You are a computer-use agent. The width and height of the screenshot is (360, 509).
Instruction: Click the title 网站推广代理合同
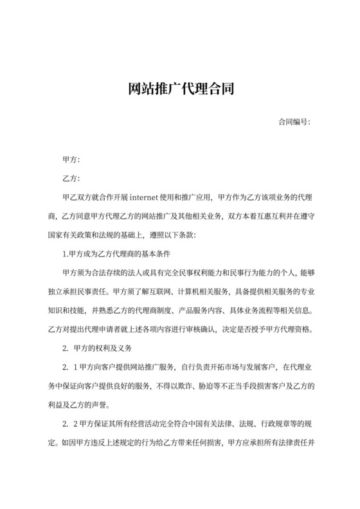179,89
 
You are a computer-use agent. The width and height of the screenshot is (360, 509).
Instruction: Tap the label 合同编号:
294,121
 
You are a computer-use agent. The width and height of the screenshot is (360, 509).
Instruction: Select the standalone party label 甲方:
71,159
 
